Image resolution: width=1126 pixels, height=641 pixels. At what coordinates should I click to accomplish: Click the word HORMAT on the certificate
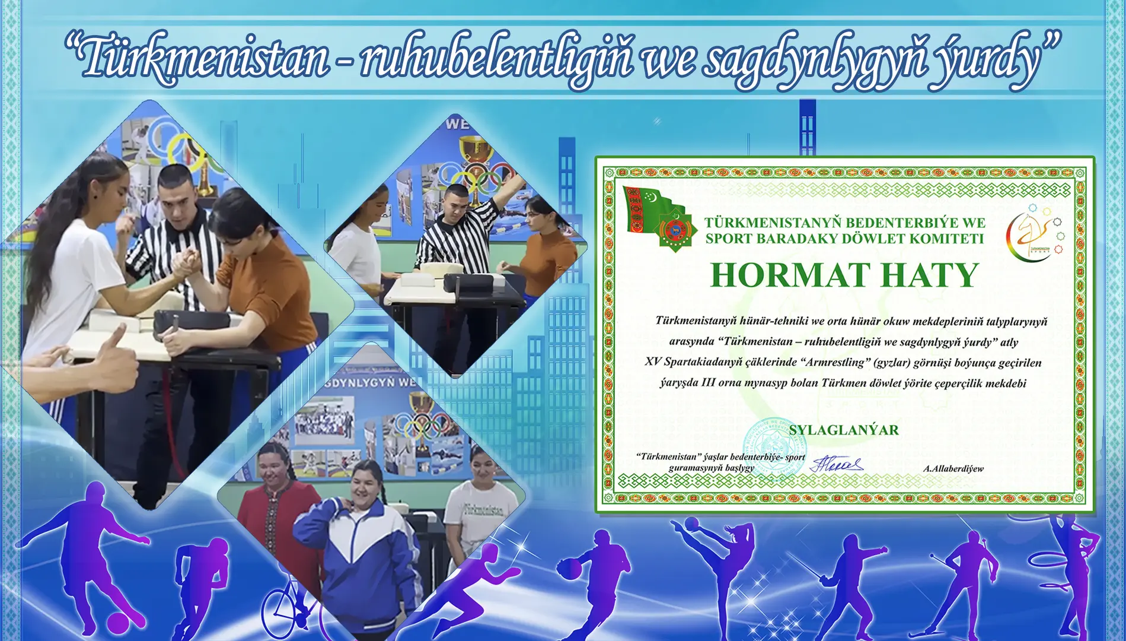[x=790, y=275]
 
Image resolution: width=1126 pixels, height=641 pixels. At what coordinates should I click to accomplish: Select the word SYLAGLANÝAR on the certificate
[x=843, y=430]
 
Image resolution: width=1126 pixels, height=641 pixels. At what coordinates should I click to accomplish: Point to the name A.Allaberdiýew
[x=953, y=469]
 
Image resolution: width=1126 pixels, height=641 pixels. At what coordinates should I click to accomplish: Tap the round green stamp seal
[x=774, y=445]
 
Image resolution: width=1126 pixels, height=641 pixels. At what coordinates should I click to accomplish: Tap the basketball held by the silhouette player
[x=570, y=569]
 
